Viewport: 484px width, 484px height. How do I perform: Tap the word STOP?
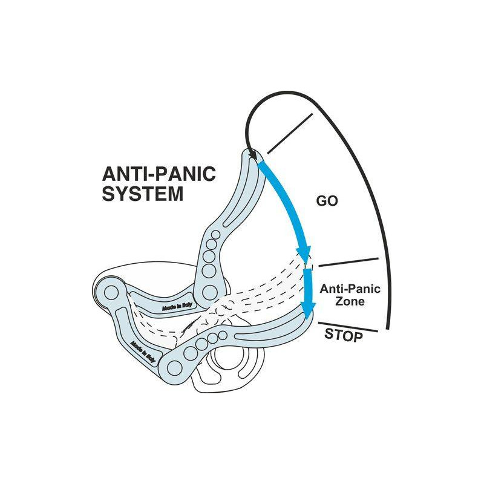(344, 334)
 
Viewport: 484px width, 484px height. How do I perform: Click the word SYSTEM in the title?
(143, 194)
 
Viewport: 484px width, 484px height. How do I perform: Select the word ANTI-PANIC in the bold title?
(159, 175)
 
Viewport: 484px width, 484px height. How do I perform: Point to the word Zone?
(350, 301)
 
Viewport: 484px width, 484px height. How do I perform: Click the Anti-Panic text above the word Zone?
(350, 289)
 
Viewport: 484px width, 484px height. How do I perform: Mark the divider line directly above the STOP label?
(348, 326)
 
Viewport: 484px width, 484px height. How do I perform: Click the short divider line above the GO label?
(289, 132)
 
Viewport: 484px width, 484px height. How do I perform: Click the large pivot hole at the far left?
(111, 293)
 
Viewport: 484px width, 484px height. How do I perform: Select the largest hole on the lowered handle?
(177, 365)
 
